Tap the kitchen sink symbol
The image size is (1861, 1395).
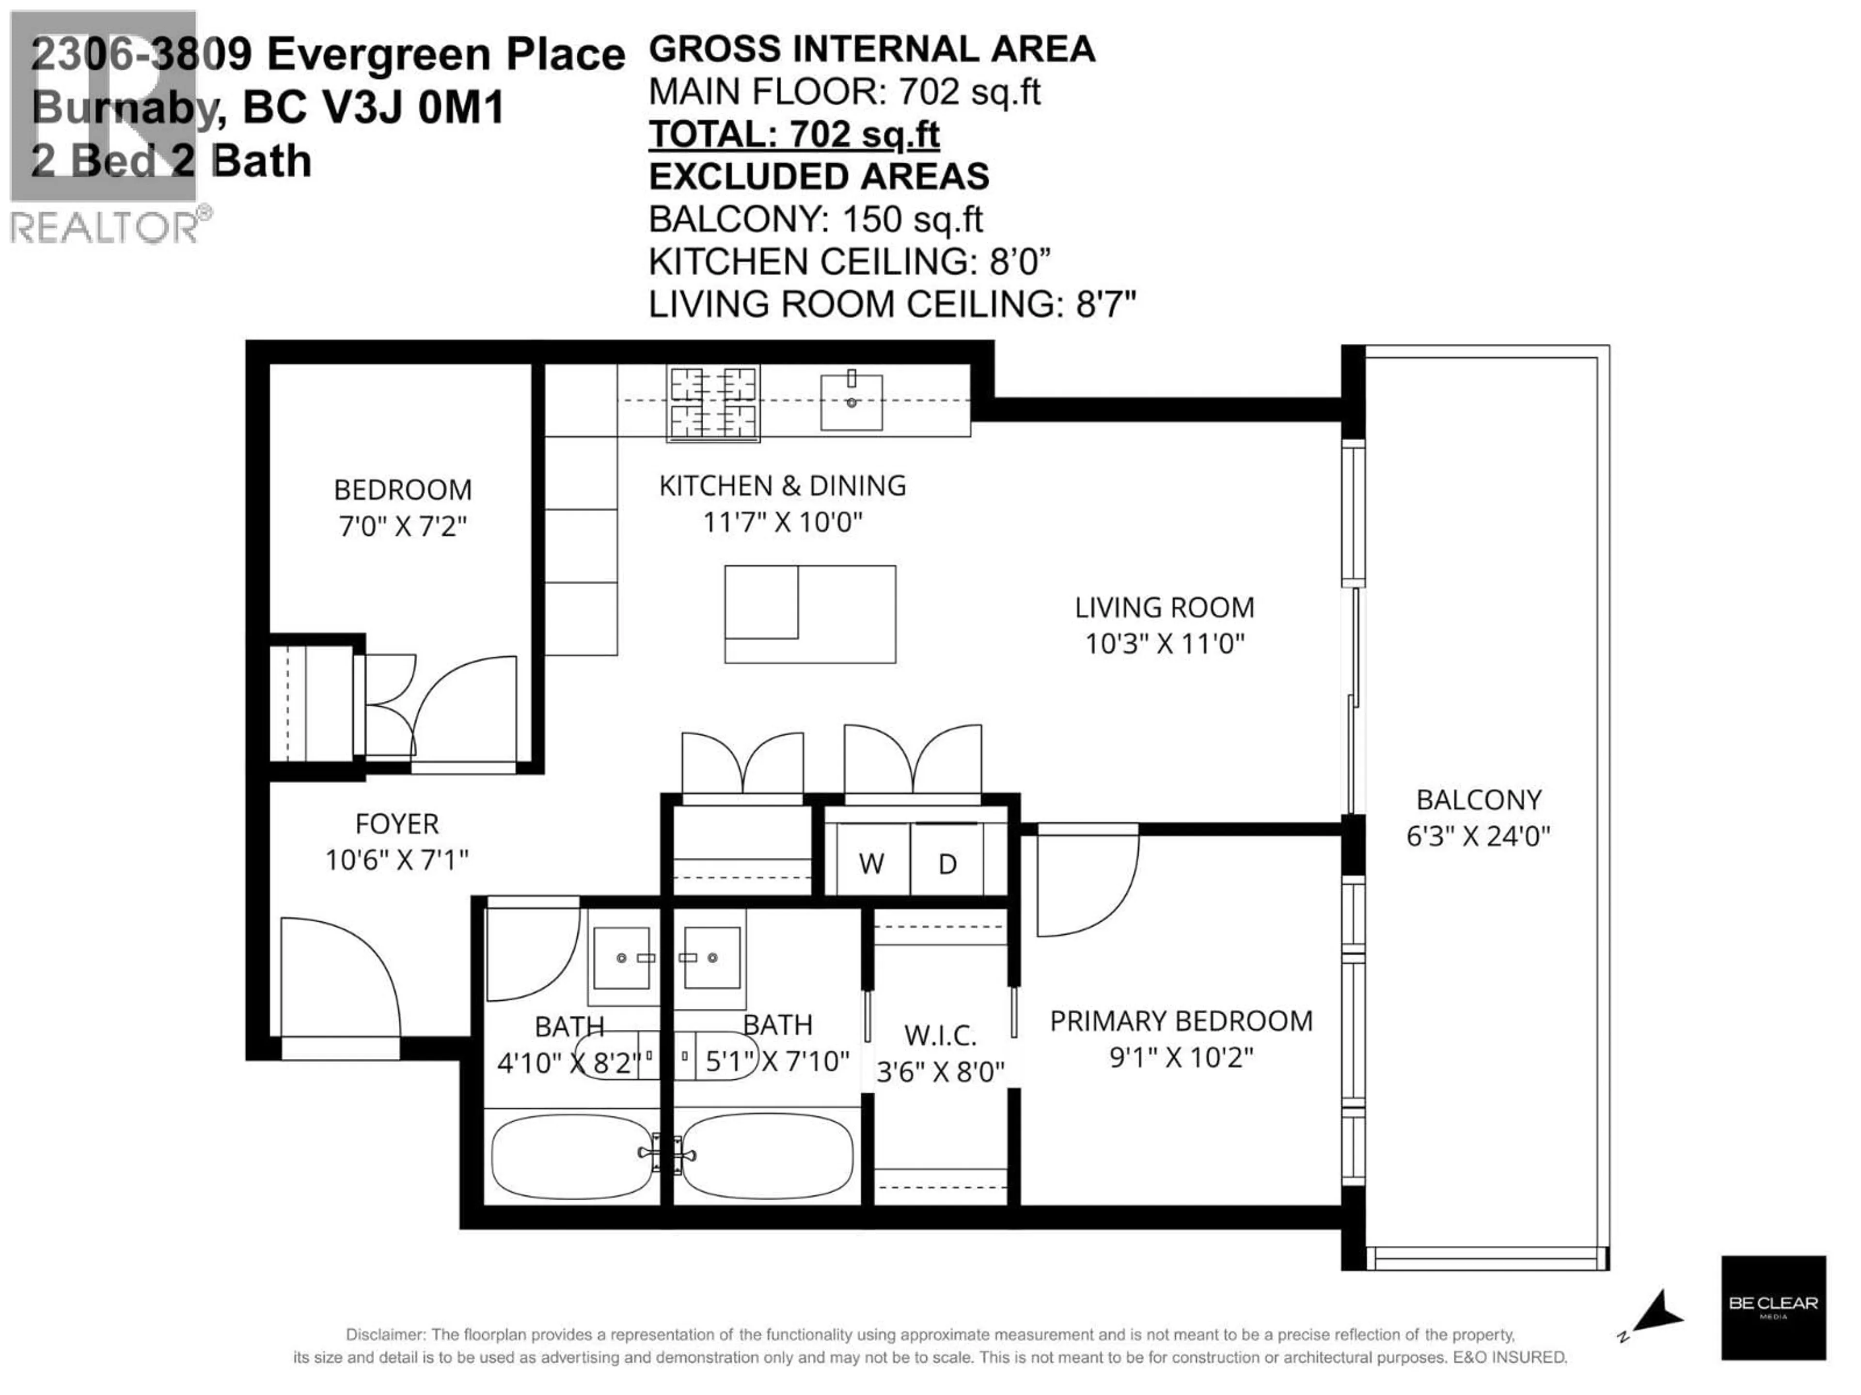click(852, 402)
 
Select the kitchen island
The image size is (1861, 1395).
click(809, 614)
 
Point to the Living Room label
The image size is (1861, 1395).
click(1165, 607)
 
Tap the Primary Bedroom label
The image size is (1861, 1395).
click(1181, 1021)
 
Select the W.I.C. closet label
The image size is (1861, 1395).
click(940, 1035)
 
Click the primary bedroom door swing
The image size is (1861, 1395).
click(1085, 879)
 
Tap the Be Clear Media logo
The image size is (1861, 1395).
click(1773, 1307)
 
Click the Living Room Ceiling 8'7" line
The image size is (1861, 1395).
click(892, 304)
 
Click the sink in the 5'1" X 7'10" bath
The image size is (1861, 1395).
click(712, 958)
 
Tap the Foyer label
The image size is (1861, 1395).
click(397, 823)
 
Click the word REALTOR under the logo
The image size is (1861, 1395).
click(105, 228)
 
